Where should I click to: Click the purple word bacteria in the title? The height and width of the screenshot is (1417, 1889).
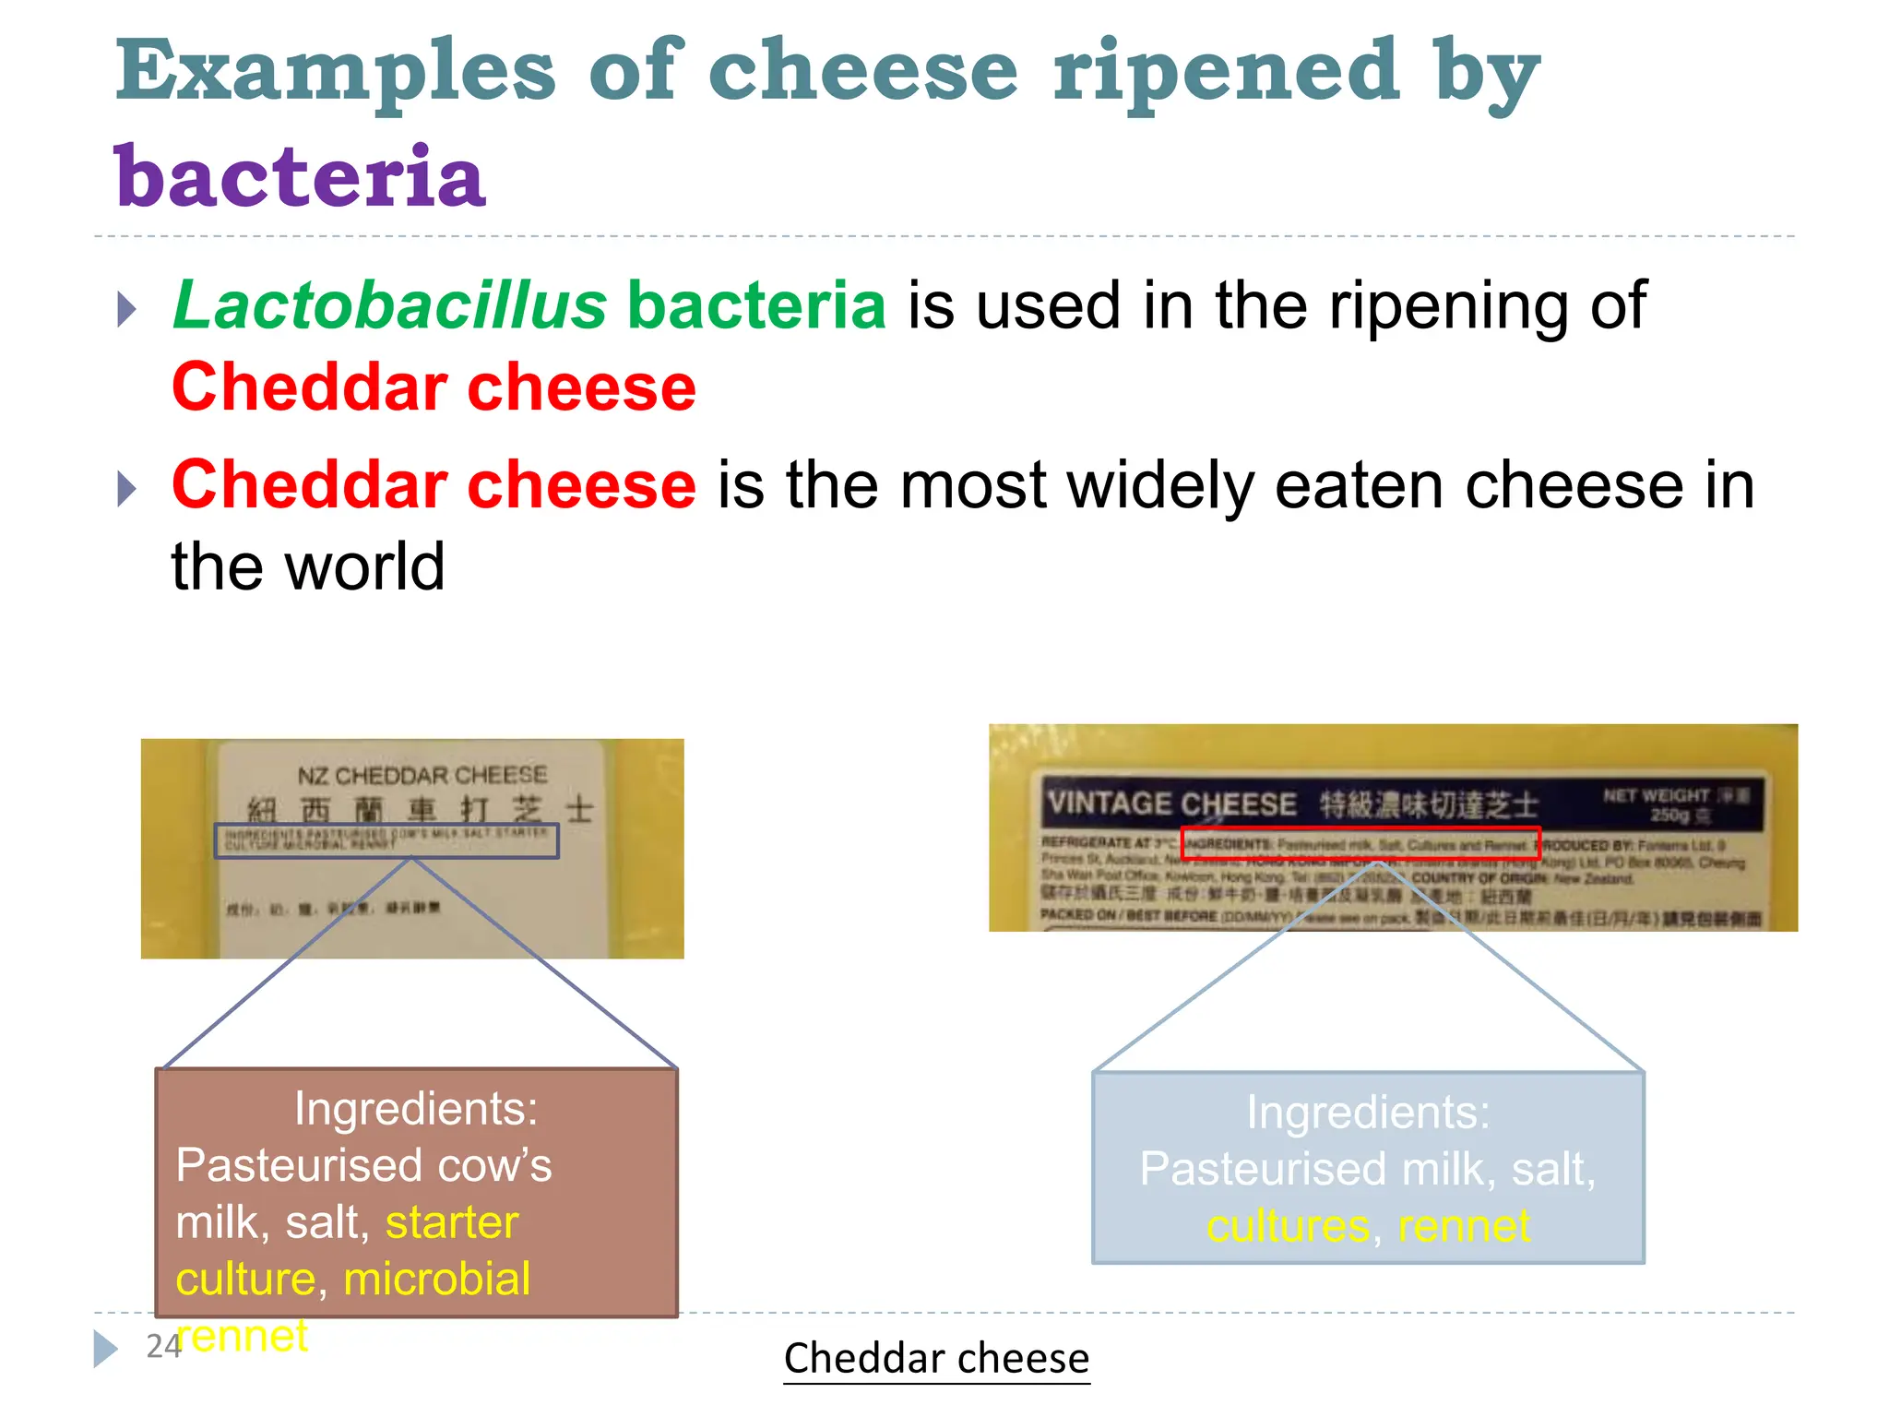click(x=300, y=176)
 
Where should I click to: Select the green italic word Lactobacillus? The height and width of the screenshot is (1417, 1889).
click(x=390, y=305)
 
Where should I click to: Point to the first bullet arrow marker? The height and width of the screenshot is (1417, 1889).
click(x=127, y=309)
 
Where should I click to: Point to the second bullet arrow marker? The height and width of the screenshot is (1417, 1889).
click(x=127, y=488)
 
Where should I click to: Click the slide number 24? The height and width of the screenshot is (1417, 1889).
click(x=163, y=1347)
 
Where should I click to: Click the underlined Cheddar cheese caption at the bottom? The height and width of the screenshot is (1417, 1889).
click(x=936, y=1358)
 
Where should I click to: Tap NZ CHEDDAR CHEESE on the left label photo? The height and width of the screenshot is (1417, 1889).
click(x=422, y=776)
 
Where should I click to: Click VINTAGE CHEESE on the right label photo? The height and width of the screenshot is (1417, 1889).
click(x=1172, y=804)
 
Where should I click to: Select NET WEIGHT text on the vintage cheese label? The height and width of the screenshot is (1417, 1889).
click(x=1657, y=795)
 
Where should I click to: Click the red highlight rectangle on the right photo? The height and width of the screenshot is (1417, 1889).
click(x=1360, y=843)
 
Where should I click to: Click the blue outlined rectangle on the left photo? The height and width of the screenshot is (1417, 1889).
click(x=386, y=840)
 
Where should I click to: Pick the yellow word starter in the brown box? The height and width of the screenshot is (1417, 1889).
click(x=452, y=1222)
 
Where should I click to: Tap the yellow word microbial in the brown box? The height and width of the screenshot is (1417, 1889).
click(x=436, y=1279)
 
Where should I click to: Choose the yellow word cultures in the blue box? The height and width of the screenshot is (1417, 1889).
click(x=1288, y=1226)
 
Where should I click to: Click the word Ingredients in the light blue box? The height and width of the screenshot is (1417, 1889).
click(x=1368, y=1113)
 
